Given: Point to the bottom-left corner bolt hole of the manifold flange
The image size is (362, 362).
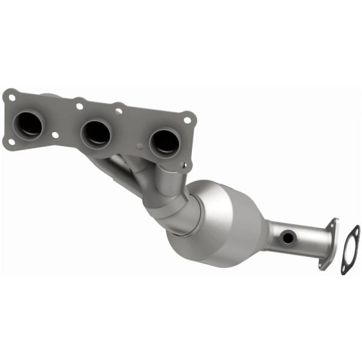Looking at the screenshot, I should [10, 142].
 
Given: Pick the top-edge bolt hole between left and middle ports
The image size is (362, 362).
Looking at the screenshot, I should [79, 106].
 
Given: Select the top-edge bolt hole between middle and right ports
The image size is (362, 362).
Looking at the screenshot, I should [119, 111].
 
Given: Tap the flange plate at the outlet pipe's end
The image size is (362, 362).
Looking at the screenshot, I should [329, 244].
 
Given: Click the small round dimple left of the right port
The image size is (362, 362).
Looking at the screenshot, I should [140, 146].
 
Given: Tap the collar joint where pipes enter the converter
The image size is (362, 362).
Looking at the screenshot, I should [181, 214].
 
